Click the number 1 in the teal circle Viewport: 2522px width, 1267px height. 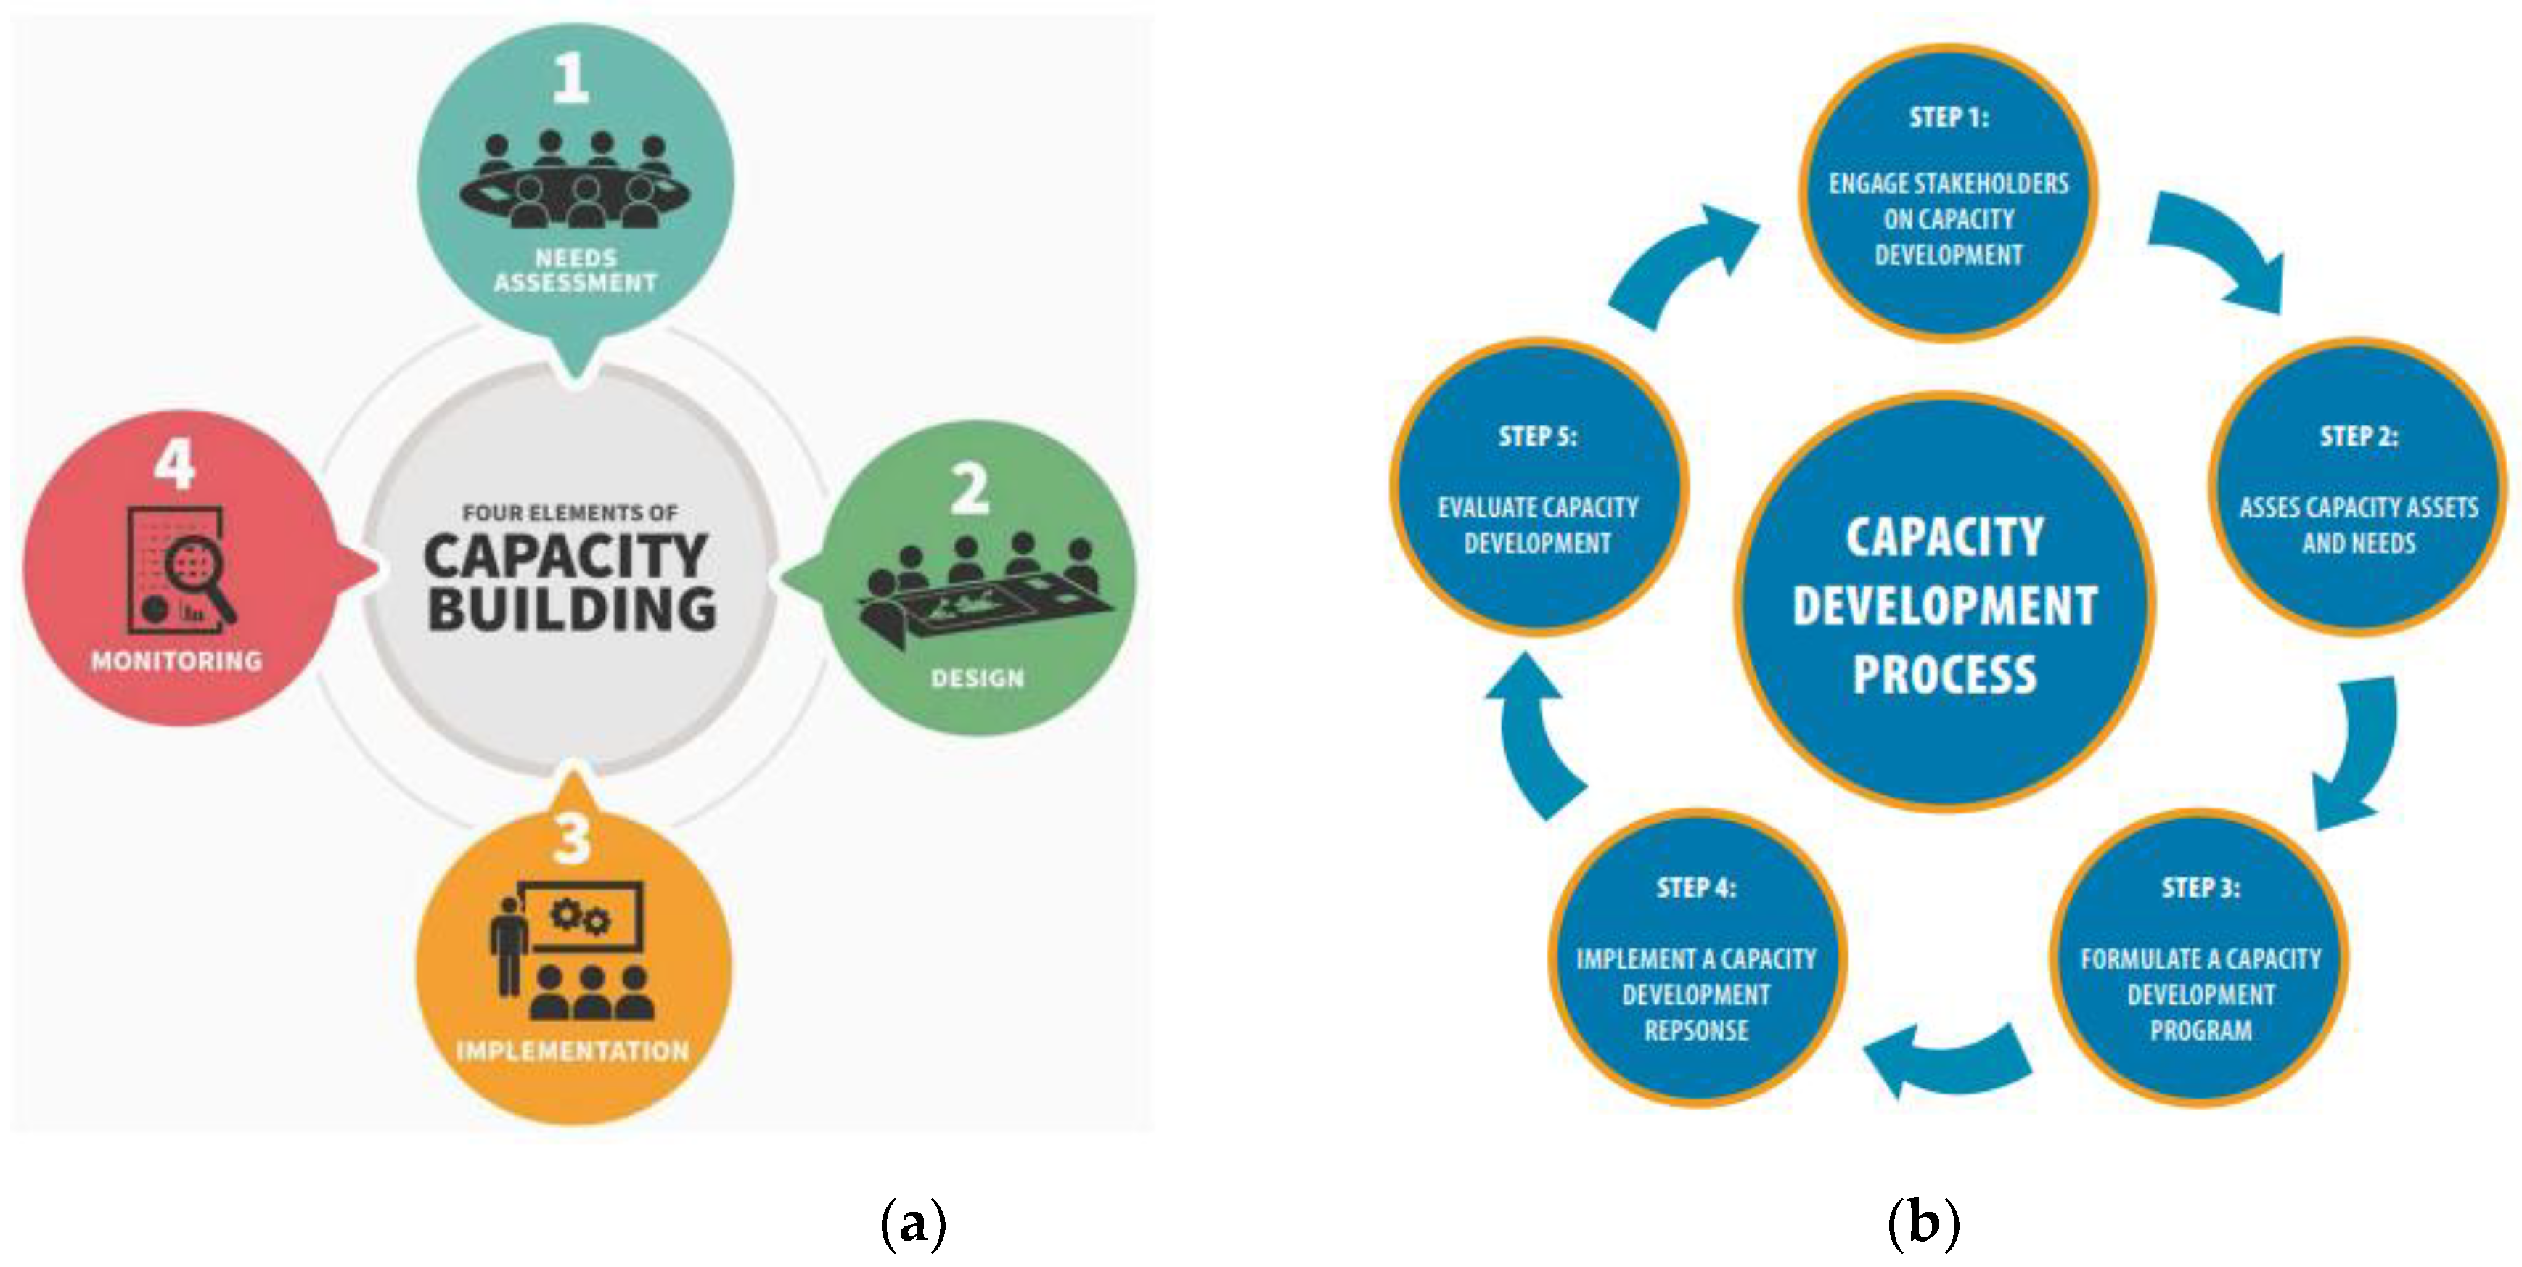570,78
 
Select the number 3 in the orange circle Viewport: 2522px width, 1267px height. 572,839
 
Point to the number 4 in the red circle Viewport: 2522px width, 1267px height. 174,464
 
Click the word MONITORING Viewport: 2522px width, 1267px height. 177,661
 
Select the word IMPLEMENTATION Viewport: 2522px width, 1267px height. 573,1051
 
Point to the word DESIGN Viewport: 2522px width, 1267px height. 977,678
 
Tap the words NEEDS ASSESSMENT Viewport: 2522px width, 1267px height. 575,270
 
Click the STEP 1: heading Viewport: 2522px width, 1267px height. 1948,118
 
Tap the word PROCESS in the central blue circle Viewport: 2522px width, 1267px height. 1944,675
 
